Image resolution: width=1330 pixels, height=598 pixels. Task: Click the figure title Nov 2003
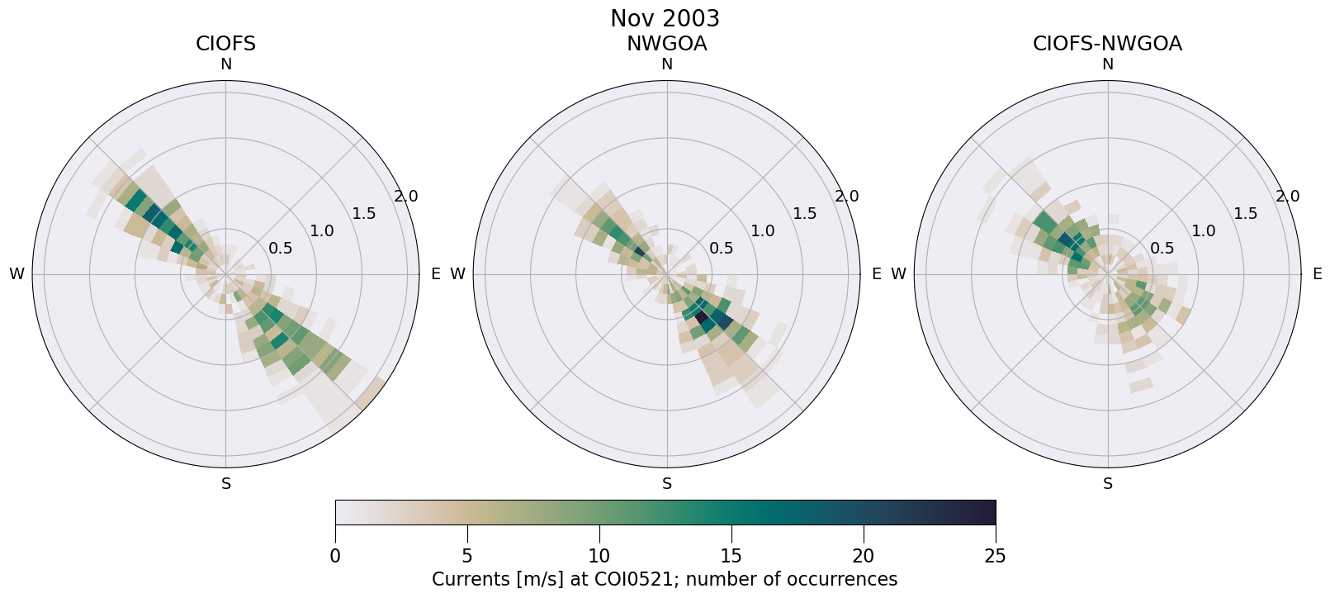[665, 18]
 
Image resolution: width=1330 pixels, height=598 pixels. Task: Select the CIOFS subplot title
[225, 44]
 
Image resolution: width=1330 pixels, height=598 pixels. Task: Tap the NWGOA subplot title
[666, 44]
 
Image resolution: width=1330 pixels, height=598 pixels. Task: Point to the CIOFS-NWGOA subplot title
[1107, 44]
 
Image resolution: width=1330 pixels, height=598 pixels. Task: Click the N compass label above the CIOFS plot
[225, 64]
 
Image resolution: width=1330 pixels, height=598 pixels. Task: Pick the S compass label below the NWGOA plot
[666, 484]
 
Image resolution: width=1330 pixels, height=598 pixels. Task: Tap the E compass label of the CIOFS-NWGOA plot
[1317, 274]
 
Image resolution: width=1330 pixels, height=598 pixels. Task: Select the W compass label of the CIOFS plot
[17, 274]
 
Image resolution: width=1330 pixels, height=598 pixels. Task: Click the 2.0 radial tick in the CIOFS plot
[405, 197]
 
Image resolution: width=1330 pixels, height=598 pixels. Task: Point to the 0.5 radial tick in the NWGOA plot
[721, 248]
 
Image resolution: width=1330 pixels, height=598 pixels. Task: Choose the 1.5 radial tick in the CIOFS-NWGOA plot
[1245, 214]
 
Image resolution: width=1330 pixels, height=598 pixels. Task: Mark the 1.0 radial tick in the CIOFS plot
[321, 231]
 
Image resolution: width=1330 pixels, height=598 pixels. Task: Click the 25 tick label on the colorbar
[995, 556]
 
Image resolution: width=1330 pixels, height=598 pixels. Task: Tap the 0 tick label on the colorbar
[335, 556]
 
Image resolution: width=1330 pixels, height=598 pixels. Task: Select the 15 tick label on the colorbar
[731, 556]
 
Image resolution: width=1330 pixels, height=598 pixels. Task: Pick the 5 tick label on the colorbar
[467, 556]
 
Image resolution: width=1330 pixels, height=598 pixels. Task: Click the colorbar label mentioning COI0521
[665, 579]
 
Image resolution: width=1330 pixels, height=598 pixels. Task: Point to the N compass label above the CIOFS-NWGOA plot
[1107, 64]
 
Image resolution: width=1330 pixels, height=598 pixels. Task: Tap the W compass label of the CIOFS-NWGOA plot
[898, 274]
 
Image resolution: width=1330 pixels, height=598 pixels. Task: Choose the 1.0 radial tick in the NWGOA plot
[762, 231]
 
